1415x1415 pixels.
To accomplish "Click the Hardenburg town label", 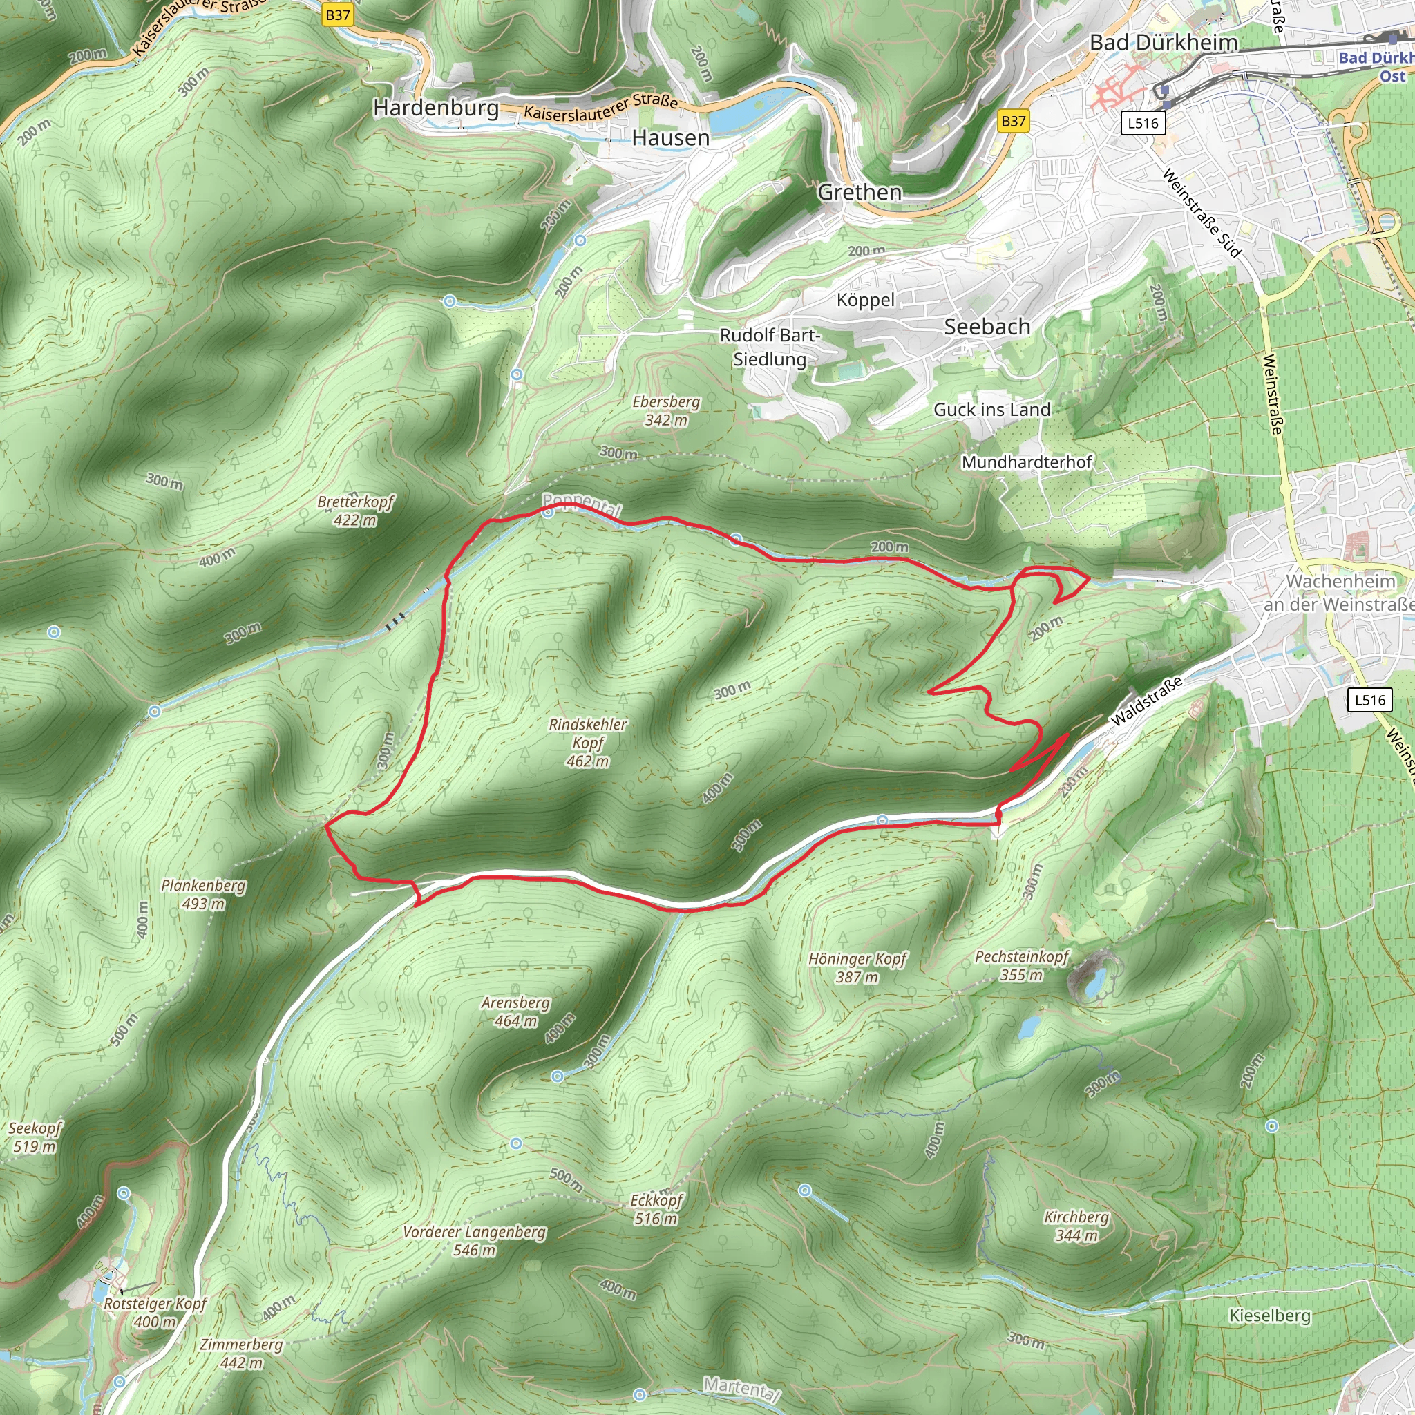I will coord(436,108).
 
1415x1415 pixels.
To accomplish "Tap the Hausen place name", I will coord(670,137).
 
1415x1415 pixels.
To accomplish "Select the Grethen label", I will coord(860,193).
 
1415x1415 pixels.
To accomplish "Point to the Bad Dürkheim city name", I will coord(1163,42).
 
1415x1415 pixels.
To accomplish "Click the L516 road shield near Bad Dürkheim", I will coord(1143,123).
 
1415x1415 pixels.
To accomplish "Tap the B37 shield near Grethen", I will coord(1014,121).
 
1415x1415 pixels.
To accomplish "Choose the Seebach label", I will coord(987,327).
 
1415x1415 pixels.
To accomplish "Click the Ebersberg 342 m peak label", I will coord(666,411).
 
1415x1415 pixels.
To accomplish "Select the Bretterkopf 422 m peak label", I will coord(355,511).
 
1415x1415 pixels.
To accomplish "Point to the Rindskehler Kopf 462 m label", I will coord(588,743).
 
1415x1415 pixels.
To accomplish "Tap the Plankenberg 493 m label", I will coord(204,894).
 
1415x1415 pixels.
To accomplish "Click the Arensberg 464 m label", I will coord(515,1012).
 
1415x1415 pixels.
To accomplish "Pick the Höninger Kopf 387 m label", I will coord(857,967).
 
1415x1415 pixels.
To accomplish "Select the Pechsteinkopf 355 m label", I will coord(1022,965).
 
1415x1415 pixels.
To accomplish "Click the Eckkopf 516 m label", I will coord(656,1209).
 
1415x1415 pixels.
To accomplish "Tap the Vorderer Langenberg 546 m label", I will coord(475,1241).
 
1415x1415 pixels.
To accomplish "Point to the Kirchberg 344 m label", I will coord(1076,1226).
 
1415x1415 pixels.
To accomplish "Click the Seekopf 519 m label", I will coord(35,1137).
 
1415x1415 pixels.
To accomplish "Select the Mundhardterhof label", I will coord(1026,462).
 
